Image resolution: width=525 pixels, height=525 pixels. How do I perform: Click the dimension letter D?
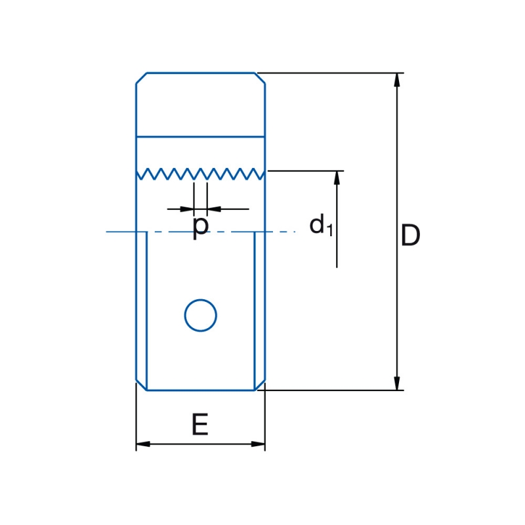point(410,236)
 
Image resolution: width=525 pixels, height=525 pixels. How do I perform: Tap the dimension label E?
point(200,424)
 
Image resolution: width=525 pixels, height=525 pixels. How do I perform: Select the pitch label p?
point(201,228)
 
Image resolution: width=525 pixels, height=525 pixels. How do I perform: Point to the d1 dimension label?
point(321,225)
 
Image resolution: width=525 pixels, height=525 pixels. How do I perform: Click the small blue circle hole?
point(201,316)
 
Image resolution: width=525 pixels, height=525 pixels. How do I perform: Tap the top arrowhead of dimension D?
point(397,79)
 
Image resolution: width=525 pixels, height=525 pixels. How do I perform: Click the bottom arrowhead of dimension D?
point(397,383)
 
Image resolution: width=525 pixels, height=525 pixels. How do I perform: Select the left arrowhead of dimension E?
point(143,444)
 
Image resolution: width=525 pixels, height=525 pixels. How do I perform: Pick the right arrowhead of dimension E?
point(258,444)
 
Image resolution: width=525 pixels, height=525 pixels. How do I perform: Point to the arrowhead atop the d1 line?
point(337,178)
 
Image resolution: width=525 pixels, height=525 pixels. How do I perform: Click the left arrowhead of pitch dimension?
point(187,209)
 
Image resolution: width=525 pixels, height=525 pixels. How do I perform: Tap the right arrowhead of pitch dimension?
point(214,209)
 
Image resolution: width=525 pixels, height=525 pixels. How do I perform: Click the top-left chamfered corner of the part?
point(141,78)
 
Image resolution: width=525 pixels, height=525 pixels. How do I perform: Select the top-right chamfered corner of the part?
point(260,78)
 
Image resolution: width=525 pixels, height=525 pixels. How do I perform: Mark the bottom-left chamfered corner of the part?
point(141,385)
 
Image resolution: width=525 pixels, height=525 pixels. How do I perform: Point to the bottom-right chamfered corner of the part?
point(260,385)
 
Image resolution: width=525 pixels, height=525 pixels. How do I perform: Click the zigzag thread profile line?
point(201,174)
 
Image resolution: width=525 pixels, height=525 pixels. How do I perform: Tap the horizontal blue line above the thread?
point(201,136)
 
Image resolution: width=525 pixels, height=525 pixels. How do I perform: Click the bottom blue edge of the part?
point(201,390)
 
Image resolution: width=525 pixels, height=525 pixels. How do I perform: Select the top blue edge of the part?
point(201,73)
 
